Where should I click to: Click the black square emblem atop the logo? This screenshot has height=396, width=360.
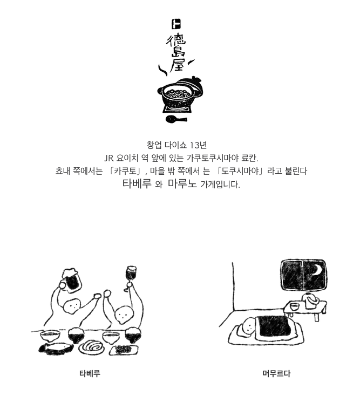click(x=176, y=24)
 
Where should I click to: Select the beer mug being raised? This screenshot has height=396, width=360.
click(x=70, y=279)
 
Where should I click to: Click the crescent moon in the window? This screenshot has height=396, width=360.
click(x=316, y=270)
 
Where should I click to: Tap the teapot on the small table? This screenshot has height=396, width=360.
click(x=311, y=301)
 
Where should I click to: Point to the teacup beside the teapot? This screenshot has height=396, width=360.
click(x=294, y=306)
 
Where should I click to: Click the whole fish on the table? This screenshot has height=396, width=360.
click(x=56, y=348)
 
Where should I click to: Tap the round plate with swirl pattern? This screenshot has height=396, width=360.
click(x=91, y=347)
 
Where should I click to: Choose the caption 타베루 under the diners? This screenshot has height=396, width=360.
click(x=90, y=373)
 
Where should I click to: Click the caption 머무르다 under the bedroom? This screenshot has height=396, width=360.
click(x=276, y=373)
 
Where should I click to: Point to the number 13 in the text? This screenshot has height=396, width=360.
click(x=194, y=145)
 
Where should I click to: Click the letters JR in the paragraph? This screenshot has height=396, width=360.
click(x=109, y=159)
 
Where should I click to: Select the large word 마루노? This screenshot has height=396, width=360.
click(x=182, y=183)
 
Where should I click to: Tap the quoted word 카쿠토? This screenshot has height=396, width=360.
click(x=125, y=171)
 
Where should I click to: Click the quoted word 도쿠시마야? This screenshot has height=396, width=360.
click(x=241, y=171)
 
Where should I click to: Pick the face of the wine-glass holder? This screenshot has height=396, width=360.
click(x=123, y=315)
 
